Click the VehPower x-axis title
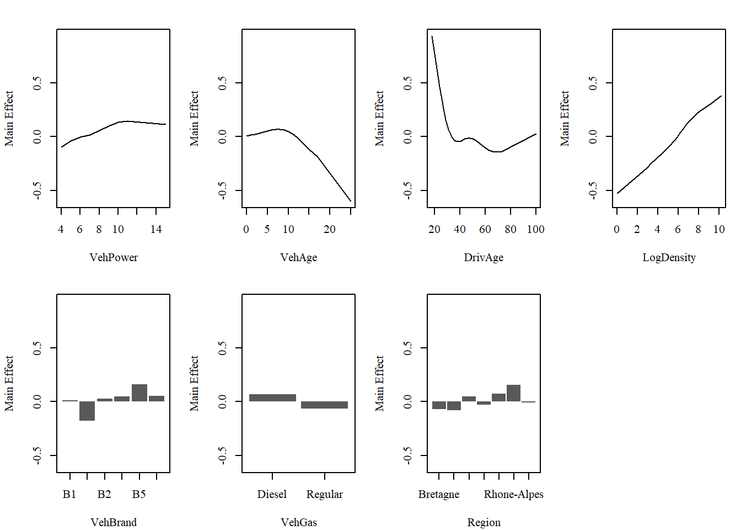coord(114,257)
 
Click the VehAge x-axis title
coord(299,257)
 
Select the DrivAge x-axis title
coord(484,257)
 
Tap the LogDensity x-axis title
coord(669,257)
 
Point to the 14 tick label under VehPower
coord(156,229)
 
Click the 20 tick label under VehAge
coord(329,229)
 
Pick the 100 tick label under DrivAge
coord(535,229)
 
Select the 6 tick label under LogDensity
coord(678,229)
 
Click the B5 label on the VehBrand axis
coord(139,494)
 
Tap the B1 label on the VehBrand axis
coord(69,494)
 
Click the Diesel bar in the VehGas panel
coord(272,397)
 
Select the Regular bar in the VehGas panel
coord(324,405)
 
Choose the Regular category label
coord(324,494)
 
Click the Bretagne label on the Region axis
coord(439,494)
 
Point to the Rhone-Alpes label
coord(513,494)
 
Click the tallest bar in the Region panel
coord(513,393)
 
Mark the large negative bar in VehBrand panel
coord(87,411)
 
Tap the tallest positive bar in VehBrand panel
coord(139,393)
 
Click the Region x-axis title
coord(484,522)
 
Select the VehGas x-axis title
coord(299,522)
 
